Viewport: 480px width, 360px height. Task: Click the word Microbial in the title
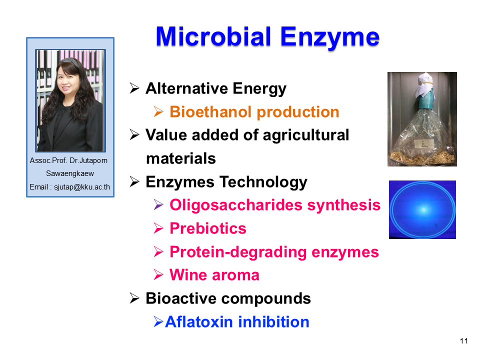(213, 36)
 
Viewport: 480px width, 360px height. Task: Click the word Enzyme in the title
(329, 38)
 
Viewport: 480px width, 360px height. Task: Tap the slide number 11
(464, 341)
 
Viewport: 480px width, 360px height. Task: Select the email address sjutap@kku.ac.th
(82, 187)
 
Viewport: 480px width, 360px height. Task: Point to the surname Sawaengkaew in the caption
(70, 173)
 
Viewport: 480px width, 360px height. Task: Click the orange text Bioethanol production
(254, 112)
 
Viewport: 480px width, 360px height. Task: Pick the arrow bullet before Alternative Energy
(134, 88)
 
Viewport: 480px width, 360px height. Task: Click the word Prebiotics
(208, 228)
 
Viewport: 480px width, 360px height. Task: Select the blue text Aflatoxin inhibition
(237, 322)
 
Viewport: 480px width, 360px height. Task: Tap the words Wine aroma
(214, 275)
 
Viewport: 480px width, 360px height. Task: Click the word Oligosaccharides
(236, 205)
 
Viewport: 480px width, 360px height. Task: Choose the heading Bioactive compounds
(228, 298)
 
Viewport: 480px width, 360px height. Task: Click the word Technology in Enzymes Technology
(263, 182)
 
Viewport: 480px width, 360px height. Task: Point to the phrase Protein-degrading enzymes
(274, 252)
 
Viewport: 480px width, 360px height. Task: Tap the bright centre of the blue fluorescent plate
(424, 209)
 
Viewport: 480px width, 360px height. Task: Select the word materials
(181, 158)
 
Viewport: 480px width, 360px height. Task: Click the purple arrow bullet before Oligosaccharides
(158, 205)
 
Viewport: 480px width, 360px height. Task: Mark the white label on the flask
(423, 144)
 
